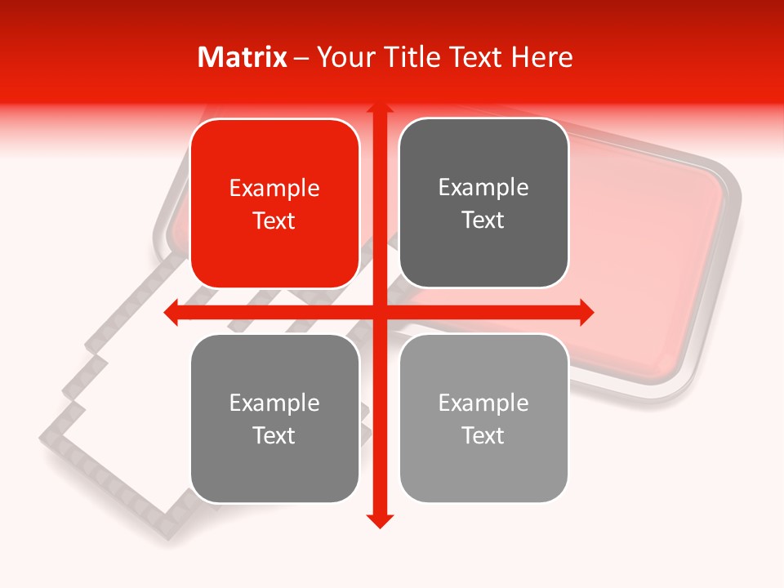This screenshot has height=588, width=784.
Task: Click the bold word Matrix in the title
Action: coord(243,57)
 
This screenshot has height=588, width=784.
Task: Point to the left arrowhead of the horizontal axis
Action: coord(171,312)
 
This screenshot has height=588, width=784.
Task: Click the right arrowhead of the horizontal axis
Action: coord(586,312)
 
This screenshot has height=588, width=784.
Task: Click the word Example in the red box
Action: coord(274,189)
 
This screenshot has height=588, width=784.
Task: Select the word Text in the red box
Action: coord(274,220)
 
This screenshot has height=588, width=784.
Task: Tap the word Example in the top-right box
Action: coord(483,188)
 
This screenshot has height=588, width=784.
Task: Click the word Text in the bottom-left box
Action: coord(274,435)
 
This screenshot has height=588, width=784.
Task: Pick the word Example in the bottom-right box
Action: coord(483,403)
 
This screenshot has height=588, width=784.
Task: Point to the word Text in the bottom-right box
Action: coord(483,435)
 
